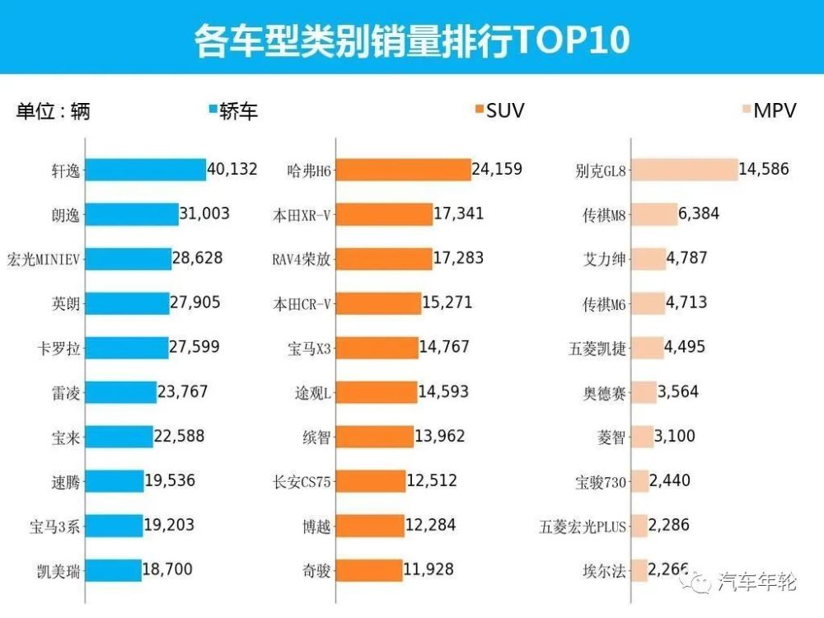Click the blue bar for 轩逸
pyautogui.click(x=145, y=170)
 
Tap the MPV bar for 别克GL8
pyautogui.click(x=683, y=170)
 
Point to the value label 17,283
pyautogui.click(x=458, y=259)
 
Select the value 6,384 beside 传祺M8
pyautogui.click(x=699, y=214)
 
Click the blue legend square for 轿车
pyautogui.click(x=213, y=110)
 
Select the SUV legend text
pyautogui.click(x=505, y=110)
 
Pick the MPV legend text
pyautogui.click(x=775, y=110)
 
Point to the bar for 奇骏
pyautogui.click(x=368, y=570)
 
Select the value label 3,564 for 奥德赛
pyautogui.click(x=678, y=392)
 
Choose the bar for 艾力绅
pyautogui.click(x=648, y=259)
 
